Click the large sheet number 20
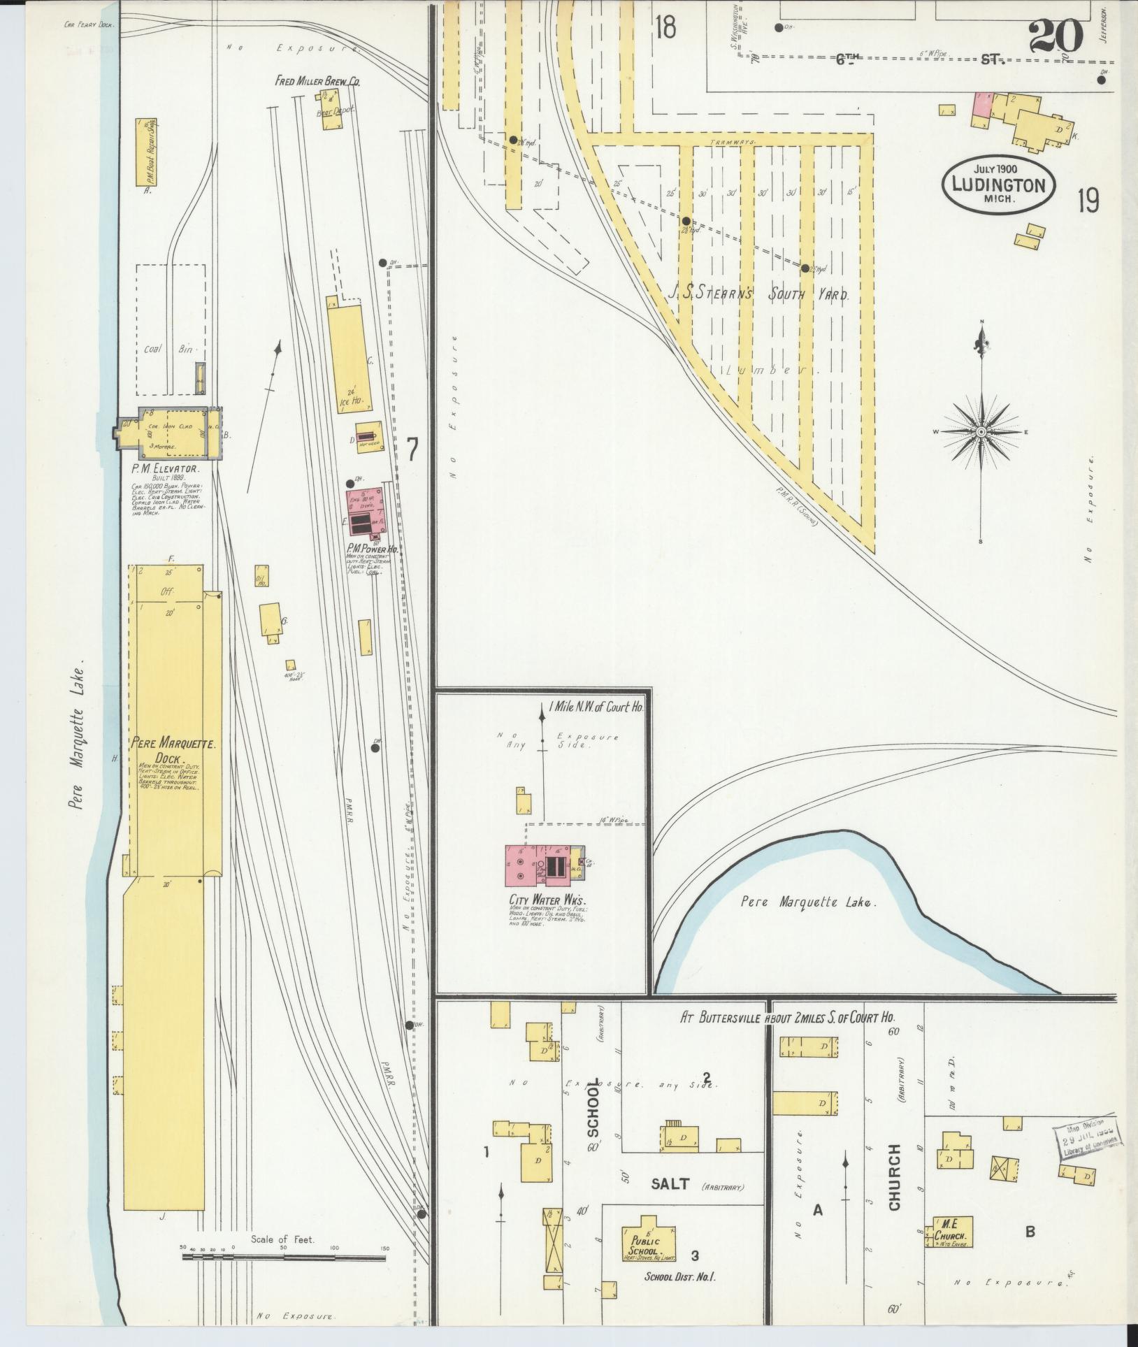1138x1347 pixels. tap(1056, 35)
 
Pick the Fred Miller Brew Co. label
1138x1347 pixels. tap(317, 82)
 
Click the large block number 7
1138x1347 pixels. tap(413, 449)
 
